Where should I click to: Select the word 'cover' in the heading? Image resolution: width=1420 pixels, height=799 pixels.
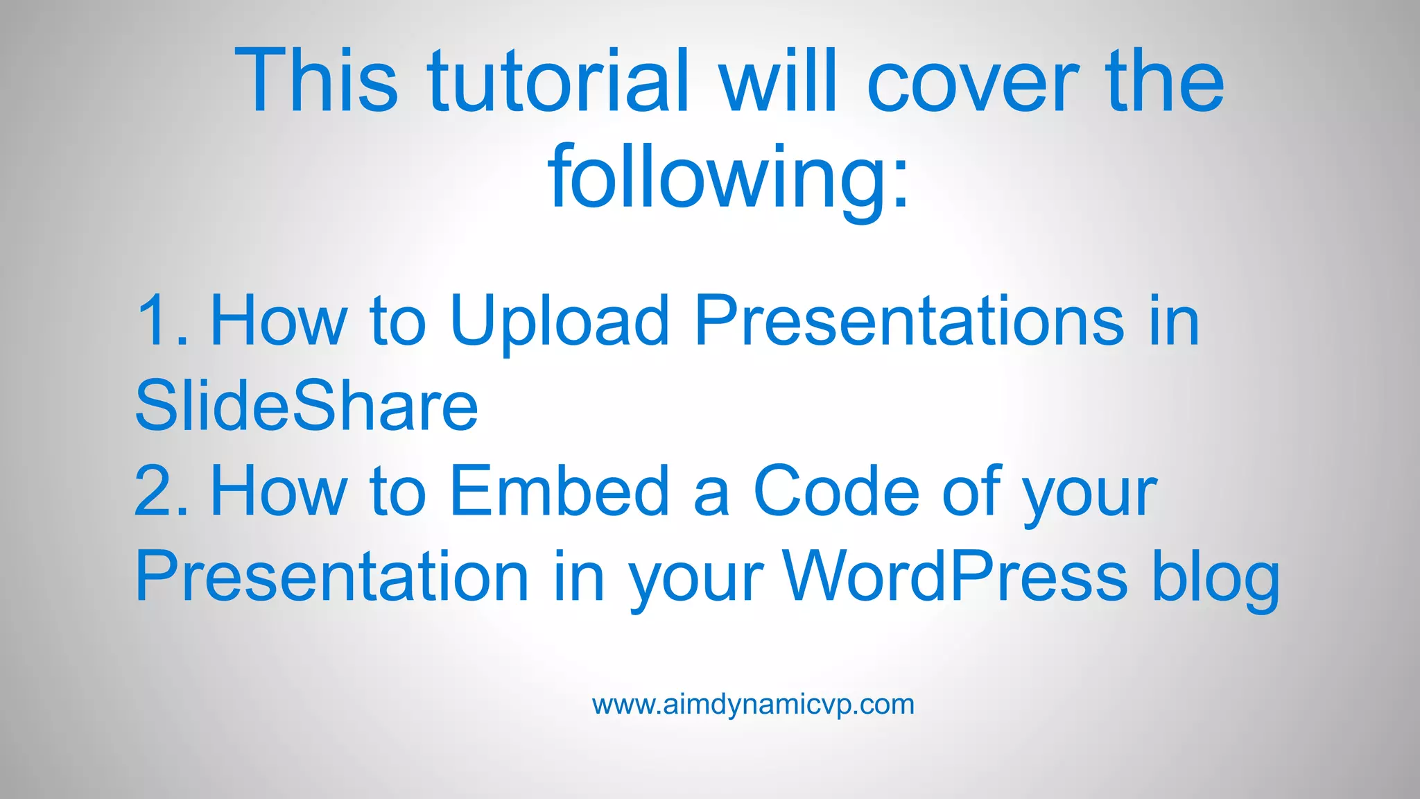pos(973,82)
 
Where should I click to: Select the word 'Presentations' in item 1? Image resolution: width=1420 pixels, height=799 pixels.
pos(909,320)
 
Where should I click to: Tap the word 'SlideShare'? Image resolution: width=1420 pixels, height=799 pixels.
pos(306,406)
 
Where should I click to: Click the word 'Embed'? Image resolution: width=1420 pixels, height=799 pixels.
pos(559,491)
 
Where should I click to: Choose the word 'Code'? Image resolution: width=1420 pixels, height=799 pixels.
pos(836,491)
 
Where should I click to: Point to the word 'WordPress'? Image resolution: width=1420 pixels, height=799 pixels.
pos(955,576)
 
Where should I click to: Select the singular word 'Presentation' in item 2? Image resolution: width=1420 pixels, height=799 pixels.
pos(332,576)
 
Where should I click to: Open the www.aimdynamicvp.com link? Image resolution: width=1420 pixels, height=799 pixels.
pos(753,705)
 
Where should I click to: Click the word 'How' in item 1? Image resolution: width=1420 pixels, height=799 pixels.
pos(278,320)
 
